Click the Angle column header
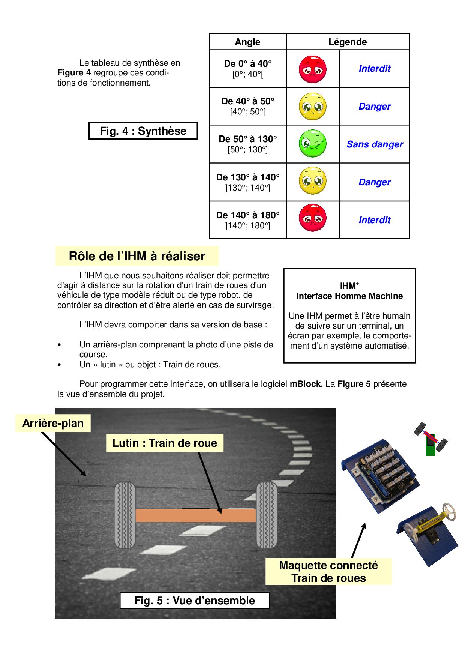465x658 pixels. click(x=247, y=42)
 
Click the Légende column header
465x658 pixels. click(x=348, y=42)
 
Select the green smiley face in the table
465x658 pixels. click(x=312, y=144)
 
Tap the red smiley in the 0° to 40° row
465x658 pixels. click(x=312, y=69)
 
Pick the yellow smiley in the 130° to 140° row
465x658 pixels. click(x=312, y=182)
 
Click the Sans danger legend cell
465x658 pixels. click(x=374, y=144)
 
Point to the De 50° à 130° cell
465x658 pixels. click(x=247, y=144)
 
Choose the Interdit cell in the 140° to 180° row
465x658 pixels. click(x=374, y=220)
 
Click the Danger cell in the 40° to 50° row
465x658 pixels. click(x=374, y=107)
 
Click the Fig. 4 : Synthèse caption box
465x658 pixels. click(x=143, y=131)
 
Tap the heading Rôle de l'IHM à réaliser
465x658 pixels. click(x=137, y=256)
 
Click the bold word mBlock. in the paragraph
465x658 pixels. click(x=306, y=384)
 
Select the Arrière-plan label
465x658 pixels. click(x=53, y=423)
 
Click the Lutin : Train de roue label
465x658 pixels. click(x=165, y=443)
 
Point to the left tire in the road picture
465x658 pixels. click(x=125, y=515)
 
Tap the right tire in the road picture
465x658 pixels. click(x=266, y=515)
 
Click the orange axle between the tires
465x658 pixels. click(x=195, y=515)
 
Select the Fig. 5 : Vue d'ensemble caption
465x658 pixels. click(x=194, y=601)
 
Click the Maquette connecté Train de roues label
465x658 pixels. click(x=328, y=572)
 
